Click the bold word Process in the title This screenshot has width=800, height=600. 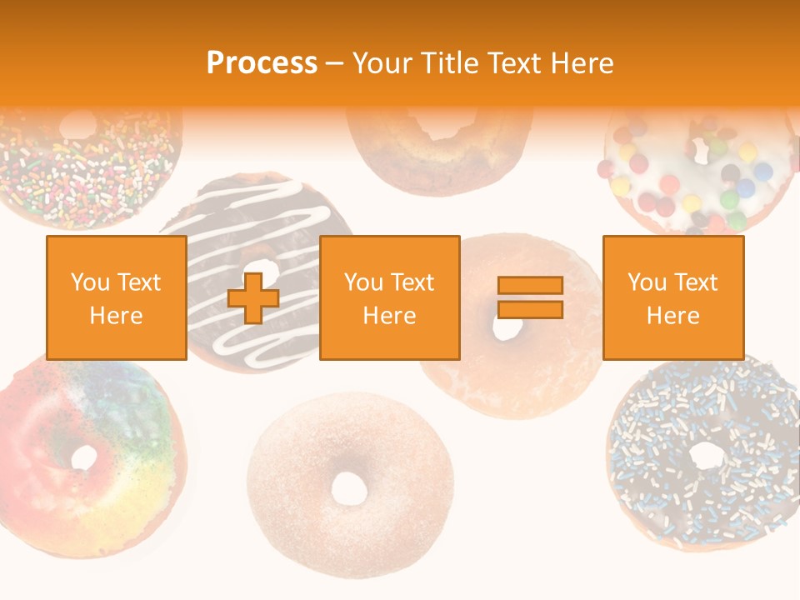click(262, 63)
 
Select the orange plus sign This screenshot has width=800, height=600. click(253, 298)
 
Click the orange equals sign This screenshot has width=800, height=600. click(530, 297)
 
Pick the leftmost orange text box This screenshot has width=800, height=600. click(116, 298)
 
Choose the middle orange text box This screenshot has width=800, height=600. click(389, 298)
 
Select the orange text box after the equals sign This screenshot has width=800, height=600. click(672, 298)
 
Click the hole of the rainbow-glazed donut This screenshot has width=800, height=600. click(84, 457)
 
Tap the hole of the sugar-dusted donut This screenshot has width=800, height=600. click(348, 487)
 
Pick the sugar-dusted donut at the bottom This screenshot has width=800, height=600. click(350, 533)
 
